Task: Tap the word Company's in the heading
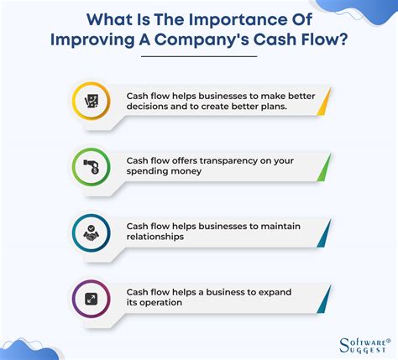[x=202, y=39]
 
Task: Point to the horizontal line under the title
[x=199, y=56]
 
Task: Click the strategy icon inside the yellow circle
[x=92, y=102]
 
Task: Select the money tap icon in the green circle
[x=92, y=167]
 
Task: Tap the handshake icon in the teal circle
[x=92, y=233]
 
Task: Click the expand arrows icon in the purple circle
[x=92, y=299]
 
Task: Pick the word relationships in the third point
[x=155, y=237]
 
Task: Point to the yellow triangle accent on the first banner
[x=325, y=102]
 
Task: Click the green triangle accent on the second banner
[x=325, y=167]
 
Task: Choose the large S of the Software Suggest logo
[x=345, y=345]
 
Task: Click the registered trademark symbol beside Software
[x=388, y=341]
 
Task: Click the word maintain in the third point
[x=280, y=227]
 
